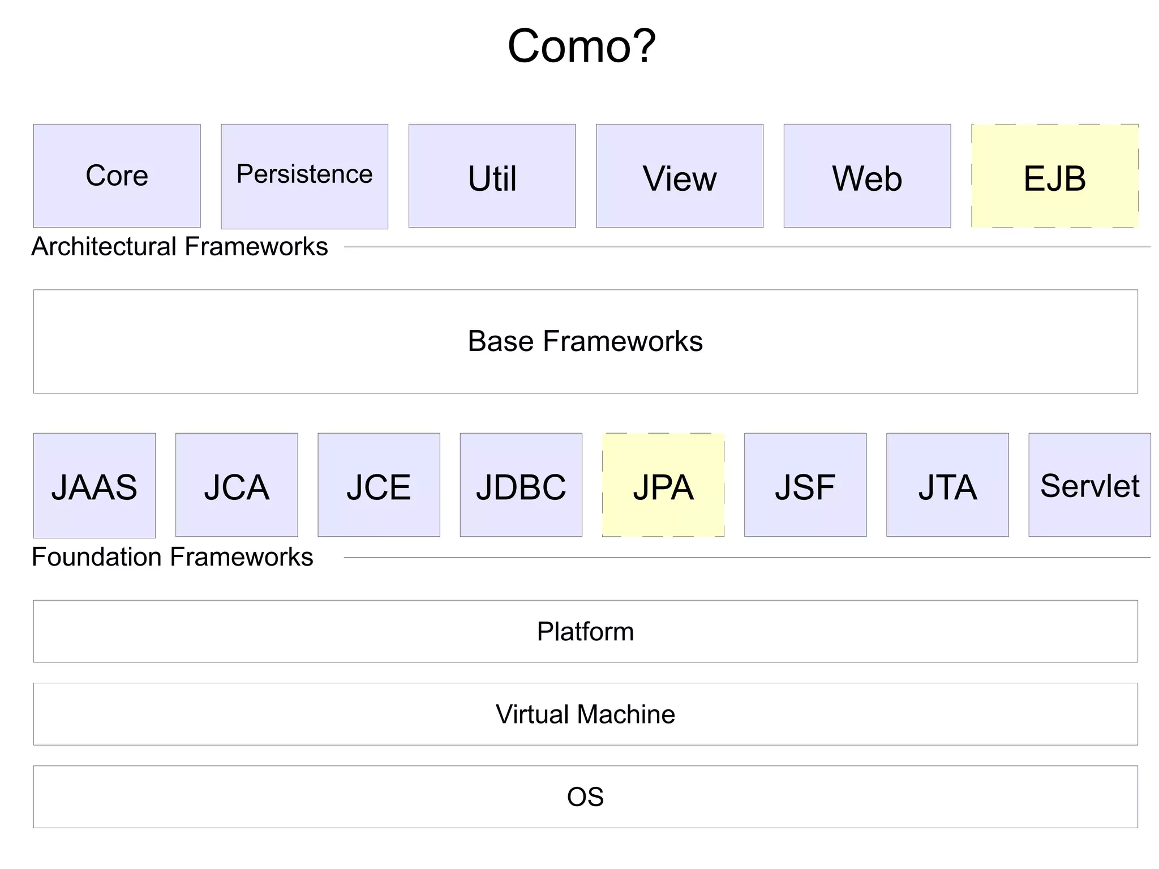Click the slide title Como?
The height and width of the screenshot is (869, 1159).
coord(581,46)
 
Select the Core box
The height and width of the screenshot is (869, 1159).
coord(117,176)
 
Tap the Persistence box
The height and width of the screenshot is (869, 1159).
coord(304,176)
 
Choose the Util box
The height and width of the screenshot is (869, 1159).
coord(492,176)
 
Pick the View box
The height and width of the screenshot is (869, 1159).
coord(679,176)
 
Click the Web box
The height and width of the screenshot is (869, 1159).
coord(867,176)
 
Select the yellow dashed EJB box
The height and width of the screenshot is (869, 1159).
coord(1054,176)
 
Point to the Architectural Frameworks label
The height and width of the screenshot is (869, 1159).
coord(179,247)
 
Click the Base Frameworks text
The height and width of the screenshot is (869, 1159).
coord(585,341)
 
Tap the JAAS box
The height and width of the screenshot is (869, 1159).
coord(95,485)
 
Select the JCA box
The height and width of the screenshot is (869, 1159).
coord(237,485)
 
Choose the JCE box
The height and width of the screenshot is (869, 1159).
coord(379,485)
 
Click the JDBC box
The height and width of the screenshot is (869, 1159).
coord(521,485)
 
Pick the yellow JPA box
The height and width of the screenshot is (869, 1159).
coord(663,485)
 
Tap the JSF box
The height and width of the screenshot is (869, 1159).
coord(805,485)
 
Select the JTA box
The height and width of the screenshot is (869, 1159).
coord(947,485)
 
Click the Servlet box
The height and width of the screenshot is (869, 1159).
coord(1089,485)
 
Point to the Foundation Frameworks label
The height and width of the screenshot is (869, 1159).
coord(172,557)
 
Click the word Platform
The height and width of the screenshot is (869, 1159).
coord(585,631)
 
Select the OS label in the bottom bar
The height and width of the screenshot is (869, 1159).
coord(585,797)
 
